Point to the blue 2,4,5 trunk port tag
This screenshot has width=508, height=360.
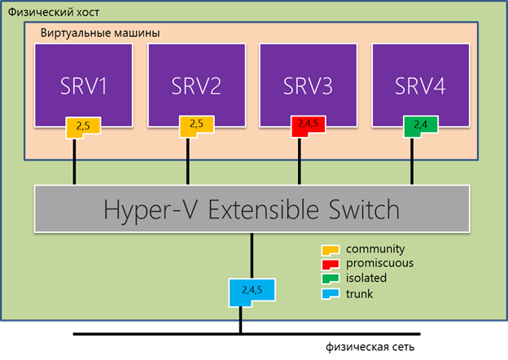click(253, 291)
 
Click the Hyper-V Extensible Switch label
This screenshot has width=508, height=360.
click(252, 209)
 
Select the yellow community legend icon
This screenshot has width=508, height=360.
click(332, 248)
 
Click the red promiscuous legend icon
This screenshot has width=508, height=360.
click(332, 263)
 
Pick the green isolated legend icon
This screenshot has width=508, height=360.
click(332, 279)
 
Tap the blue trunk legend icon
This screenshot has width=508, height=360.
click(332, 293)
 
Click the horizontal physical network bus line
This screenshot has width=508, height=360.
click(163, 334)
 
